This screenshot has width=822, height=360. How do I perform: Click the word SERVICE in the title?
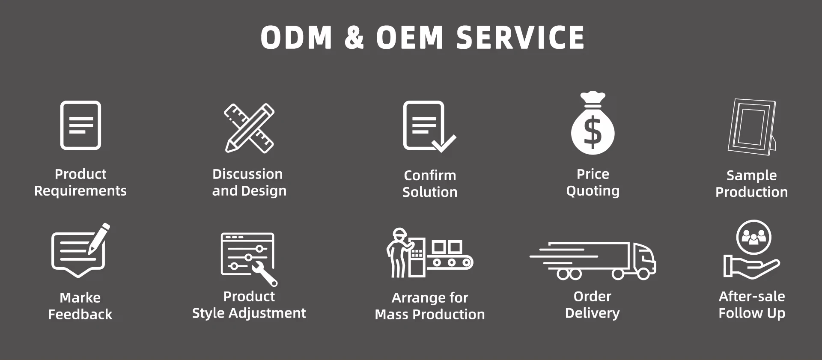[x=520, y=37]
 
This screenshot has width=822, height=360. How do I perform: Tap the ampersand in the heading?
[x=354, y=37]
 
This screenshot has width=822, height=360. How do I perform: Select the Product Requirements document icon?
[x=80, y=125]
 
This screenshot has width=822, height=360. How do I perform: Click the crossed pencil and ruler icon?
[x=250, y=128]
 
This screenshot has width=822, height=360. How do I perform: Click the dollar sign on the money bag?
[x=593, y=132]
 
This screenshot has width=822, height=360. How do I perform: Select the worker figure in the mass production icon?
[x=398, y=253]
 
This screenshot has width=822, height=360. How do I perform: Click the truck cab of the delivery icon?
[x=643, y=259]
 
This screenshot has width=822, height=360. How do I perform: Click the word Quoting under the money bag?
[x=593, y=191]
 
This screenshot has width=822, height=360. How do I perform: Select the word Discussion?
[x=247, y=174]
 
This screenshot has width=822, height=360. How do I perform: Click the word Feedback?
[x=80, y=315]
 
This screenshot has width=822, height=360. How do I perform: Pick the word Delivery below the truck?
[x=592, y=313]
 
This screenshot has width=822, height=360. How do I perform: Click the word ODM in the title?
[x=296, y=37]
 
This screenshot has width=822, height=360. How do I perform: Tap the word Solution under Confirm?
[x=430, y=192]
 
